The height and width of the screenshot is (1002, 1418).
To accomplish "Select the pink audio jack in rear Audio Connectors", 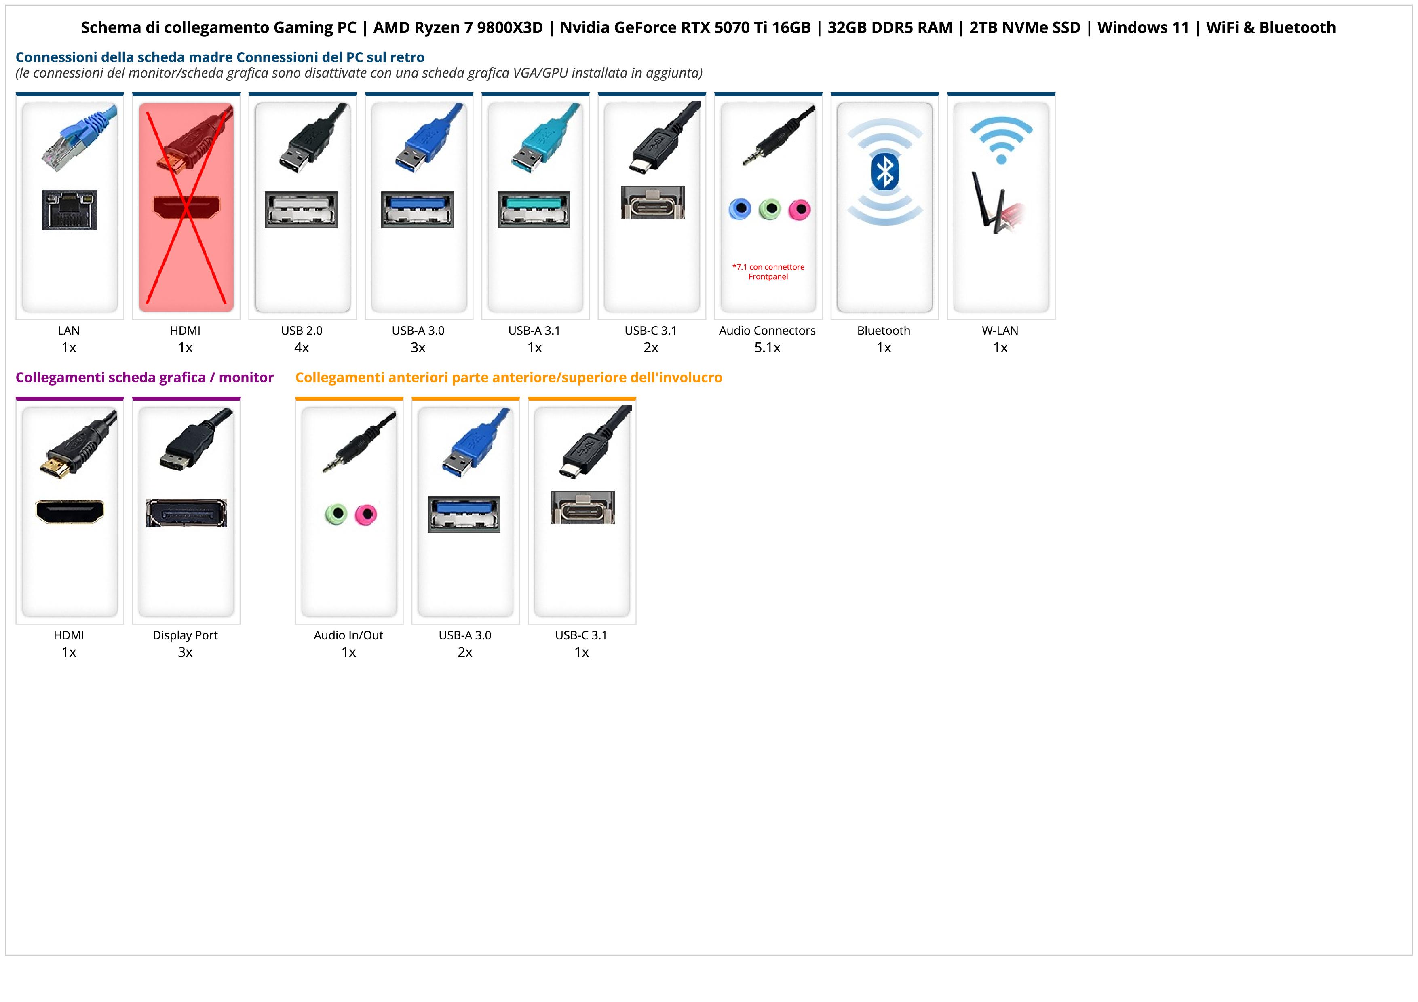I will [x=799, y=210].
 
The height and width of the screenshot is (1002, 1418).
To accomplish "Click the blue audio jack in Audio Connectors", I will [x=740, y=209].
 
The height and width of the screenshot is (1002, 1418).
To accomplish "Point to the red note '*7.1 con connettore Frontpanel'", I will [x=768, y=272].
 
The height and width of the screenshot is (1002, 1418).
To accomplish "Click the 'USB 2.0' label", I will [x=302, y=330].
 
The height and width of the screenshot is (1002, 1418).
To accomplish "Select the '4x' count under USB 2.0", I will [x=302, y=348].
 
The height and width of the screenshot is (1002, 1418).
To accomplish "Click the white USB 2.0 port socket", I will [x=302, y=210].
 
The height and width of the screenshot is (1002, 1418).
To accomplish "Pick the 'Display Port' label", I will [x=185, y=635].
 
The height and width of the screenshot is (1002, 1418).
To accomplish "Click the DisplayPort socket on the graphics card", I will [x=186, y=513].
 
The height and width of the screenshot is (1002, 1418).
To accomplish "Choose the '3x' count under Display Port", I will [x=185, y=652].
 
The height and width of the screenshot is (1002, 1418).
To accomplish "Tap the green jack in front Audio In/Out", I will [x=336, y=514].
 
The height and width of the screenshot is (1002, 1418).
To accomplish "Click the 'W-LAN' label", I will [x=1000, y=330].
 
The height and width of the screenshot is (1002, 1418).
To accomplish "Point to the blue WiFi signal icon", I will [x=1001, y=140].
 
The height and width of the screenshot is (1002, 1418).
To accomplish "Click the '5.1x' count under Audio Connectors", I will [x=767, y=348].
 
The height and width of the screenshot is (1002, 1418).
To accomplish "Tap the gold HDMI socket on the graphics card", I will [x=70, y=512].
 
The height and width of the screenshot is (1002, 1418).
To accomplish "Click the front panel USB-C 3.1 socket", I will [x=582, y=508].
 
